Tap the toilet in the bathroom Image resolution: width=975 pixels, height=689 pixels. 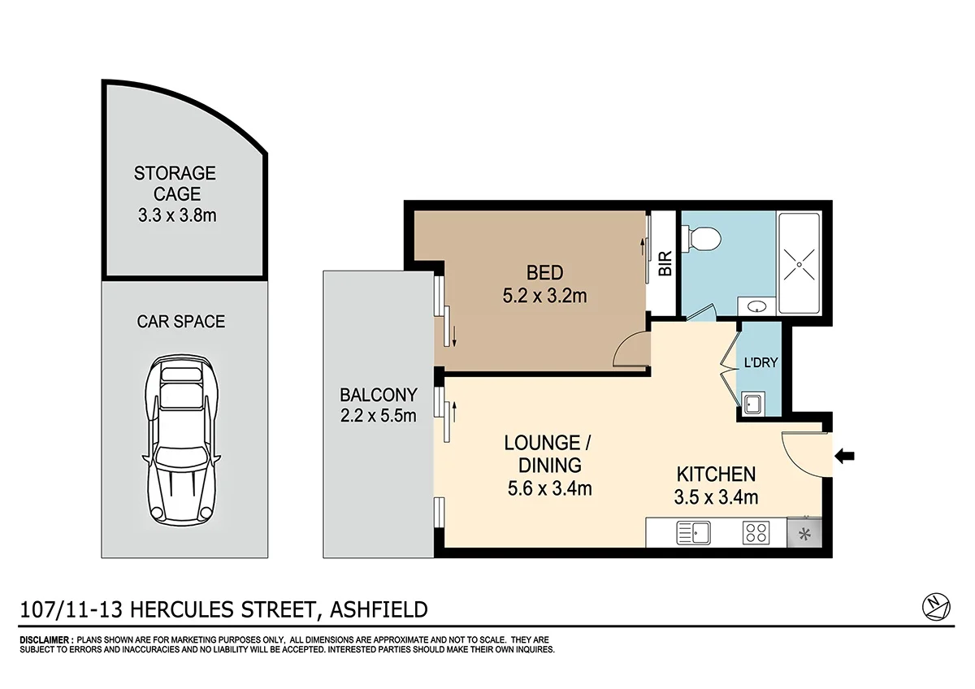pos(704,237)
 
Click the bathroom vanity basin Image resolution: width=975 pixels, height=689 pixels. pos(756,306)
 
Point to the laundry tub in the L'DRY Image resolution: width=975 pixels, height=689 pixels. pos(752,402)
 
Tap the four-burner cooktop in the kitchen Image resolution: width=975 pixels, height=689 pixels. pos(756,534)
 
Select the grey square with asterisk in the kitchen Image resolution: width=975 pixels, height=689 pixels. pos(804,534)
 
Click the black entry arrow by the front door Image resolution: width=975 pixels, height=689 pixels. pos(845,457)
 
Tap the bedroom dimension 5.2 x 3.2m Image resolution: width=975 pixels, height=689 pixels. pos(544,297)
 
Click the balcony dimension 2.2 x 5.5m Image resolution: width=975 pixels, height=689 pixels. pos(378,417)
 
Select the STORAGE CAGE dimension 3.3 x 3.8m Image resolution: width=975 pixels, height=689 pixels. pos(175,216)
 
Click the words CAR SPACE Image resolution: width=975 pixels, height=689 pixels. pos(180,322)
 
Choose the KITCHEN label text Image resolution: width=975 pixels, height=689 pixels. pos(717,474)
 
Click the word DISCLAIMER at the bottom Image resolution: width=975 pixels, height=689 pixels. pos(45,641)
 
